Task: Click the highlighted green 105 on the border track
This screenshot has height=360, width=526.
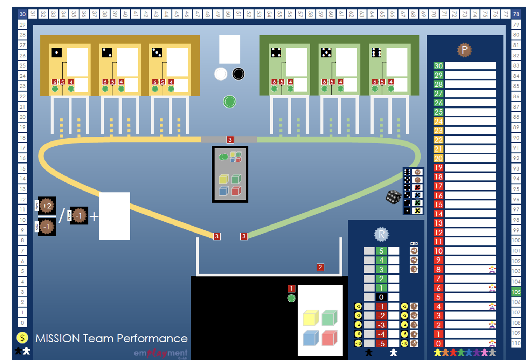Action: (x=516, y=292)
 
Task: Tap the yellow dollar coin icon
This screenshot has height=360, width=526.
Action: (x=22, y=338)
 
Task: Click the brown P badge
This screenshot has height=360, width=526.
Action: (x=464, y=50)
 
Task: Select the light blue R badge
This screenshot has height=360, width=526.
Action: (x=381, y=234)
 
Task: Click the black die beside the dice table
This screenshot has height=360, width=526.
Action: (x=393, y=197)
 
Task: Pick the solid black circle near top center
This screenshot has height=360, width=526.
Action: (x=238, y=74)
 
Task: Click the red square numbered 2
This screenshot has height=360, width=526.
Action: (x=320, y=267)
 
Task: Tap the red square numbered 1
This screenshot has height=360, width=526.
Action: (x=291, y=289)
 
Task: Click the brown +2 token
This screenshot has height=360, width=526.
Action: (x=47, y=206)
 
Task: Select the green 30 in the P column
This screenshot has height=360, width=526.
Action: (x=438, y=65)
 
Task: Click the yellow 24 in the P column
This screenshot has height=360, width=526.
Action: (x=438, y=121)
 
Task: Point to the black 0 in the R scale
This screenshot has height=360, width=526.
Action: (x=381, y=297)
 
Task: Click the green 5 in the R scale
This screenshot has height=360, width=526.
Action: (x=381, y=251)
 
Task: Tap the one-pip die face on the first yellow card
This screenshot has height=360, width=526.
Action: (x=56, y=53)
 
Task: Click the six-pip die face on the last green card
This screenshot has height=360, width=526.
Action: (x=376, y=53)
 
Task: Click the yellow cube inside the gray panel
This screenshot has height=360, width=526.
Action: (x=223, y=179)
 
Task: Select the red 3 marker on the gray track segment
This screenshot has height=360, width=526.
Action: (x=230, y=140)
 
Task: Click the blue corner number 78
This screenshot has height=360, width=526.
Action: (x=516, y=14)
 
